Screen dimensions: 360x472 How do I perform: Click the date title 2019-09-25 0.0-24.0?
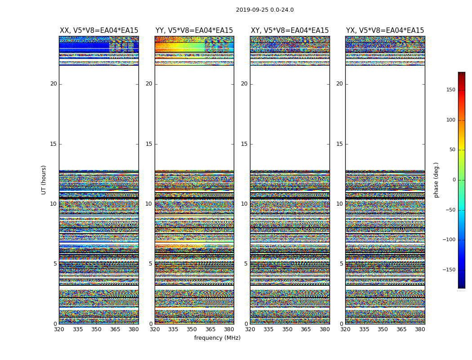(x=265, y=10)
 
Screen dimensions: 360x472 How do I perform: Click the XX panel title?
(x=99, y=31)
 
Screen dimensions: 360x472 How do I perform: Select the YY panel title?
(x=194, y=31)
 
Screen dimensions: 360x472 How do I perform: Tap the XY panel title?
(x=289, y=31)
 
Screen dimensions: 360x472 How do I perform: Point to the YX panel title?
(x=385, y=31)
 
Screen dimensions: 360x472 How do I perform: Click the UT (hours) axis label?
(x=44, y=180)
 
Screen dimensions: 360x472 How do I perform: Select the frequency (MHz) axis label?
(x=217, y=338)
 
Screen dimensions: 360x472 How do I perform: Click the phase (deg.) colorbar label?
(x=436, y=180)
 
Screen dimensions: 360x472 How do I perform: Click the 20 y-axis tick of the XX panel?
(x=53, y=84)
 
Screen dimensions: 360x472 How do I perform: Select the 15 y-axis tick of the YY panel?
(x=149, y=144)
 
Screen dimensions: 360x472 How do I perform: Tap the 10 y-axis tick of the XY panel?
(x=244, y=204)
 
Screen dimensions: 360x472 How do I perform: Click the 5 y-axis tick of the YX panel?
(x=341, y=264)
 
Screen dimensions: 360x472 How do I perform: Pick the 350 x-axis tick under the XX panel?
(x=96, y=329)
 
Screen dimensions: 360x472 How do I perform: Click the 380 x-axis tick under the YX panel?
(x=420, y=329)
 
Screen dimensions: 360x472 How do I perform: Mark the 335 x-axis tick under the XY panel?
(x=268, y=329)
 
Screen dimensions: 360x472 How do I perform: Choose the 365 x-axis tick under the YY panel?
(x=210, y=329)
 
